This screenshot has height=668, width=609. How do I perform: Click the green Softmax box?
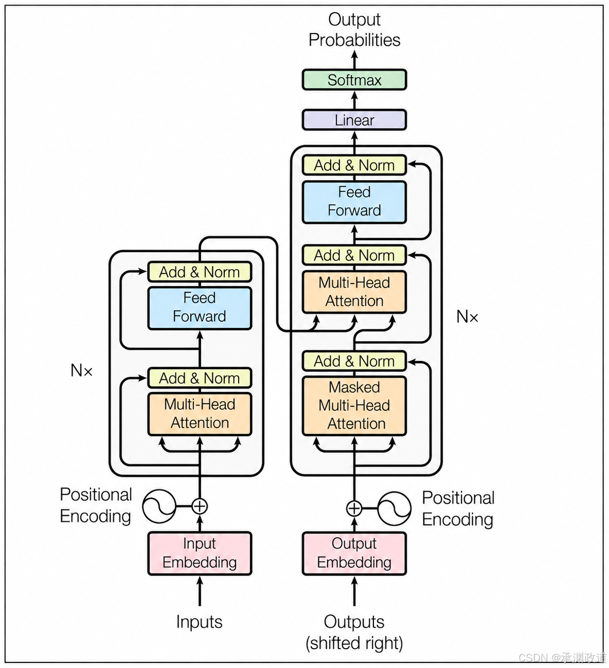coord(354,80)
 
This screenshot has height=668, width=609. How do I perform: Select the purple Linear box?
coord(354,120)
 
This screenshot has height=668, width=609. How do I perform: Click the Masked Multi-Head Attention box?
coord(354,406)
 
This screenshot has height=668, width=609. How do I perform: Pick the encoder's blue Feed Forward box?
coord(199,308)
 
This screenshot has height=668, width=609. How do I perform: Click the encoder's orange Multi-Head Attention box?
coord(199,414)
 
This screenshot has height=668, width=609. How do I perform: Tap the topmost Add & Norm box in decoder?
coord(354,165)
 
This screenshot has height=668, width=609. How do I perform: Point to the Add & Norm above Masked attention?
coord(354,361)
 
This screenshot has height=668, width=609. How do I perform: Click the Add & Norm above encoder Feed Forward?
coord(199,272)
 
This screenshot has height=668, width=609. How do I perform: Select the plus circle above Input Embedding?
coord(199,506)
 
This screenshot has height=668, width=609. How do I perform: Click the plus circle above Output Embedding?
coord(354,508)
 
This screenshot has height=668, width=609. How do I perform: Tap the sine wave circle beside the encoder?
coord(159,506)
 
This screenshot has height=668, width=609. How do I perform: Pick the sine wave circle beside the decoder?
coord(394,508)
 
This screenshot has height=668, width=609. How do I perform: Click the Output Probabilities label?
coord(354,29)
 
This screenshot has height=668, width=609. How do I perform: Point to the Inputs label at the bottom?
coord(199,622)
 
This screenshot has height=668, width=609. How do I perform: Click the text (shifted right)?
coord(354,643)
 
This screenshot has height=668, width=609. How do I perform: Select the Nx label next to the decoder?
coord(467,316)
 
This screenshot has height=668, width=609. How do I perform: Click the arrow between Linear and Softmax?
coord(354,100)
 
